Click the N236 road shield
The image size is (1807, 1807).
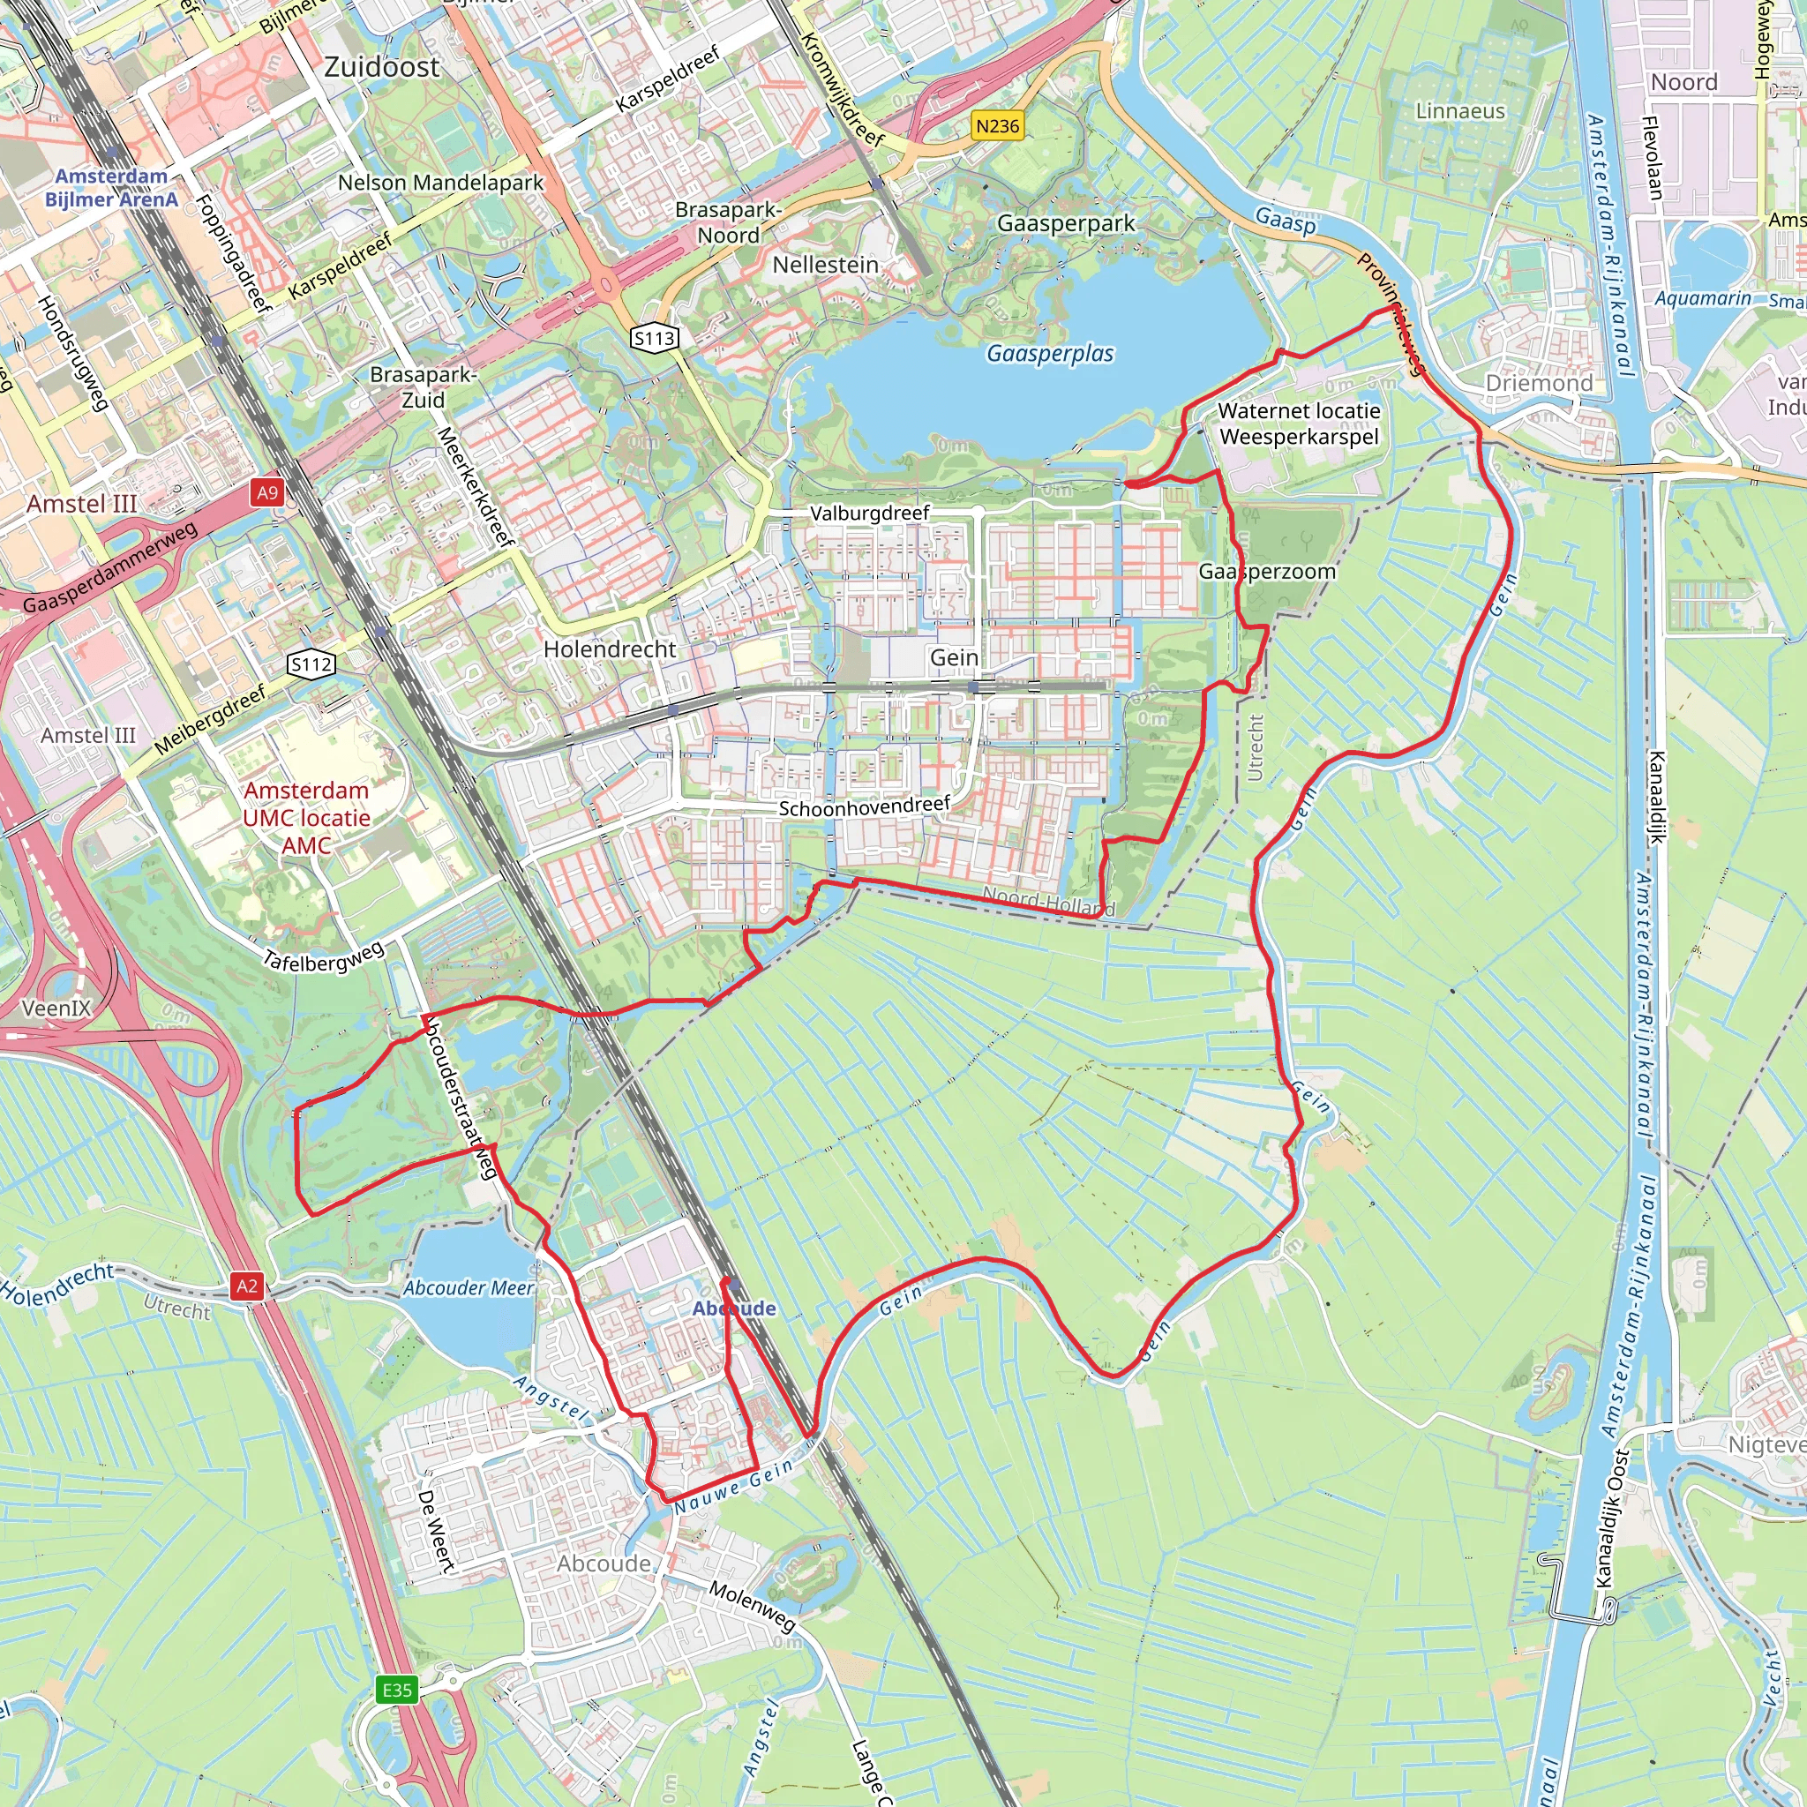pyautogui.click(x=997, y=125)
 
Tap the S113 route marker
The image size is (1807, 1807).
pyautogui.click(x=655, y=338)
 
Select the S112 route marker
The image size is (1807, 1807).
pyautogui.click(x=311, y=664)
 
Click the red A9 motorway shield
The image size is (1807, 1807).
pyautogui.click(x=267, y=492)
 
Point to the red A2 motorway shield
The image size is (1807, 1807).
pyautogui.click(x=247, y=1286)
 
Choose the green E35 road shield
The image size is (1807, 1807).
pyautogui.click(x=398, y=1690)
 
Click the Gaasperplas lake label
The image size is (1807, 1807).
pyautogui.click(x=1050, y=354)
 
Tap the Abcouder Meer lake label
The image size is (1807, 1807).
pyautogui.click(x=469, y=1288)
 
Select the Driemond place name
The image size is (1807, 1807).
pyautogui.click(x=1539, y=383)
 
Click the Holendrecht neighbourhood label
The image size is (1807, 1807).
pyautogui.click(x=610, y=649)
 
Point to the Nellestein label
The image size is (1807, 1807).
pyautogui.click(x=825, y=265)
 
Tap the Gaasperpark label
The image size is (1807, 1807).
pyautogui.click(x=1066, y=222)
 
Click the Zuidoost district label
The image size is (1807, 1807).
pyautogui.click(x=381, y=67)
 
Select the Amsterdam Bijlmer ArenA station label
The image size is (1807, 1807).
pyautogui.click(x=111, y=187)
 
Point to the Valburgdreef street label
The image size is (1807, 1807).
pyautogui.click(x=870, y=513)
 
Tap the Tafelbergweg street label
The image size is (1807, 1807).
pyautogui.click(x=324, y=956)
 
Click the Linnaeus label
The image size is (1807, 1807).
pyautogui.click(x=1460, y=111)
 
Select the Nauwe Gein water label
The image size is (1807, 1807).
pyautogui.click(x=734, y=1485)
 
